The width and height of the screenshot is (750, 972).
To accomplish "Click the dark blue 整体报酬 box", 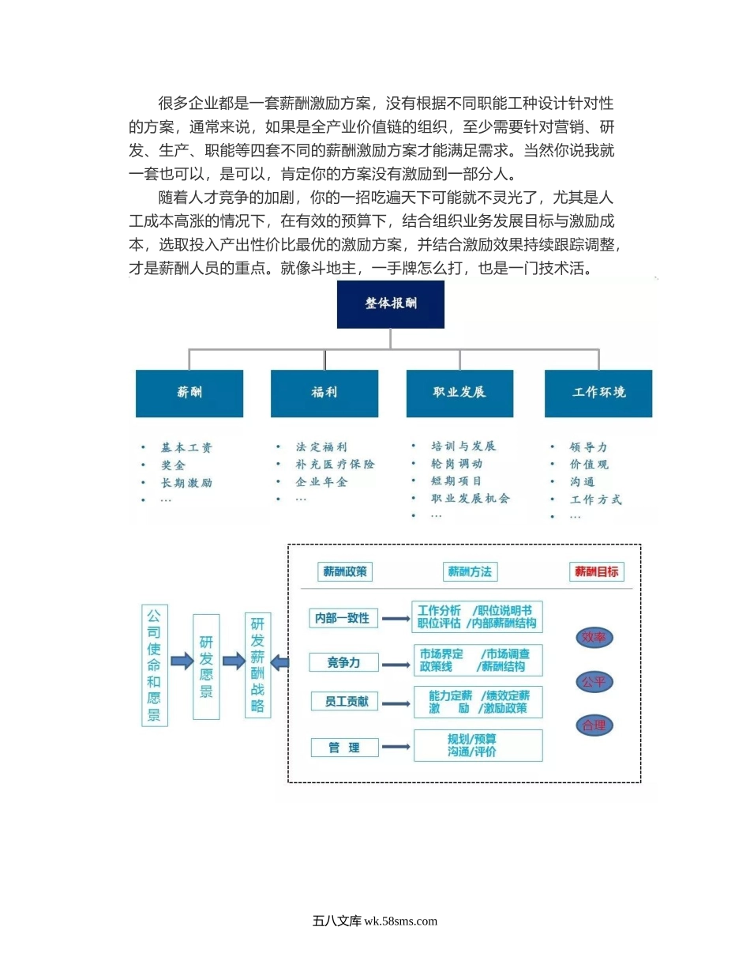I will pyautogui.click(x=390, y=304).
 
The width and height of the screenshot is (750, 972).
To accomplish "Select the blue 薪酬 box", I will pyautogui.click(x=189, y=393).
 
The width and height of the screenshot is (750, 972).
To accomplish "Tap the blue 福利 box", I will pyautogui.click(x=324, y=393).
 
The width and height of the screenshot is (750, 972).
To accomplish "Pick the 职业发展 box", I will pyautogui.click(x=459, y=393).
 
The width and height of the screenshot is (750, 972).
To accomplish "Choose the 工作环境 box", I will pyautogui.click(x=598, y=393).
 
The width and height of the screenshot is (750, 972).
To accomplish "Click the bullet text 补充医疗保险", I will pyautogui.click(x=335, y=465).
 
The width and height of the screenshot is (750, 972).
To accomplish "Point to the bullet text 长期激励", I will pyautogui.click(x=187, y=483).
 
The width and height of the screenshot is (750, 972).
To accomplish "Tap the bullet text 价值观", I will pyautogui.click(x=589, y=465).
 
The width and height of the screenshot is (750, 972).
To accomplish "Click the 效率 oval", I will pyautogui.click(x=594, y=638).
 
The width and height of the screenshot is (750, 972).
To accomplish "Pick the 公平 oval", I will pyautogui.click(x=594, y=681).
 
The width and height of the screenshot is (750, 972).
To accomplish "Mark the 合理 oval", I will pyautogui.click(x=594, y=725).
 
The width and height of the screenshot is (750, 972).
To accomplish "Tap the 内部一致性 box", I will pyautogui.click(x=342, y=618).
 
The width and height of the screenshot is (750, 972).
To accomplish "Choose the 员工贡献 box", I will pyautogui.click(x=342, y=701).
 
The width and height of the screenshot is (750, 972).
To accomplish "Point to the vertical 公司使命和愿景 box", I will pyautogui.click(x=154, y=665).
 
